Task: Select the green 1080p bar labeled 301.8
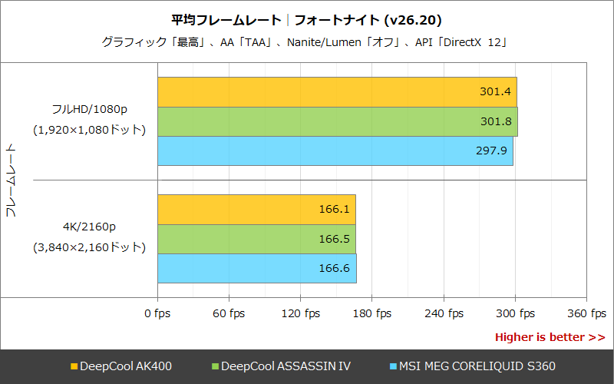[x=337, y=121]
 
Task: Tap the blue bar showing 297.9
[x=335, y=151]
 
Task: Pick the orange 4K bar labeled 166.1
[x=256, y=210]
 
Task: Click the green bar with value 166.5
[x=256, y=239]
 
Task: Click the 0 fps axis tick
[x=158, y=313]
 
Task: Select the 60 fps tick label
[x=229, y=313]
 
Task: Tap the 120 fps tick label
[x=301, y=313]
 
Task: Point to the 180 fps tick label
[x=372, y=313]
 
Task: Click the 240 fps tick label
[x=444, y=313]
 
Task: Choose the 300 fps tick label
[x=515, y=313]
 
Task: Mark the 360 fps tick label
[x=586, y=313]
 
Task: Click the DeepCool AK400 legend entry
[x=120, y=366]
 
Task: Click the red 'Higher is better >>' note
[x=550, y=337]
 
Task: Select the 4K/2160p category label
[x=88, y=227]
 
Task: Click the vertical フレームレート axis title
[x=11, y=180]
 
